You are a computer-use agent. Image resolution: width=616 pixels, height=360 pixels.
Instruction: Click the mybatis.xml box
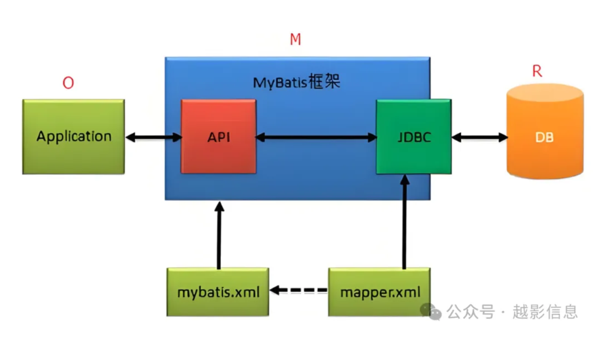pos(217,292)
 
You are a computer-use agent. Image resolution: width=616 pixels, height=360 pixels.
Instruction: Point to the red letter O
pos(68,83)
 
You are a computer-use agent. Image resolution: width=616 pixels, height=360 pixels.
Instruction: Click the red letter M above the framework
pos(295,40)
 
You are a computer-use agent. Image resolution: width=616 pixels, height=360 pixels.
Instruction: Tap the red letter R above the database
pos(537,71)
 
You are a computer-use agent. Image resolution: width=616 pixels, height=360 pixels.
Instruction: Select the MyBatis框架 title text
pos(297,82)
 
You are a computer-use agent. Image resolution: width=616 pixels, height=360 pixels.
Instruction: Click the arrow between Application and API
pos(153,137)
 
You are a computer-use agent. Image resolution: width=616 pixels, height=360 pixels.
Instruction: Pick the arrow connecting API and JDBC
pos(316,137)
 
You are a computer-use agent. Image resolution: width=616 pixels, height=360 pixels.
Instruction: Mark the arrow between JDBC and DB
pos(479,137)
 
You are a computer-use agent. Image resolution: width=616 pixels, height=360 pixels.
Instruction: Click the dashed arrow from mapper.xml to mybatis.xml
pos(299,290)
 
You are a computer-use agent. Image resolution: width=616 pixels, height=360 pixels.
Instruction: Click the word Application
pos(74,136)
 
